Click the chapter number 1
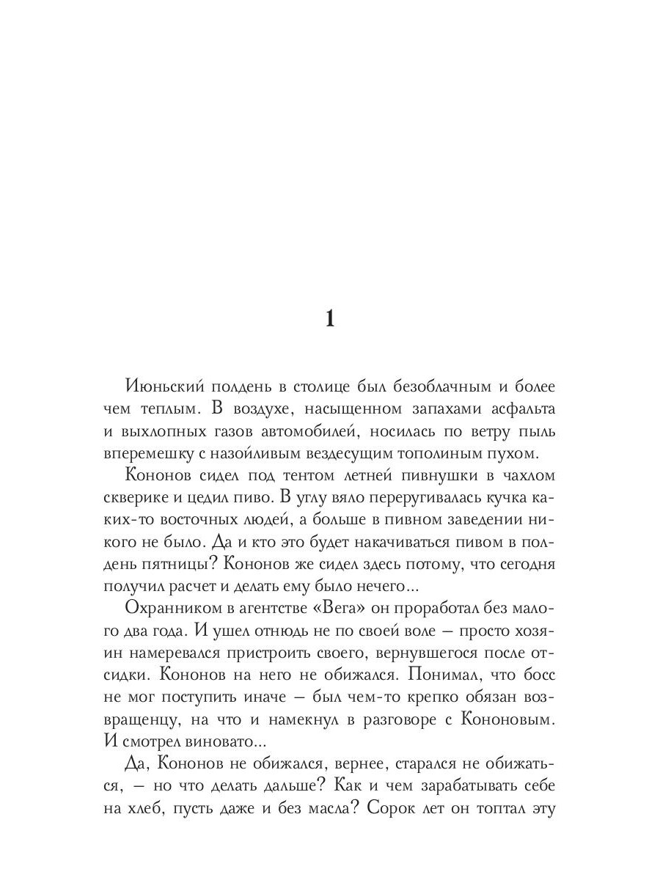[329, 320]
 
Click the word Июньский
[159, 386]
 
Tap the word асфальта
[521, 408]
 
